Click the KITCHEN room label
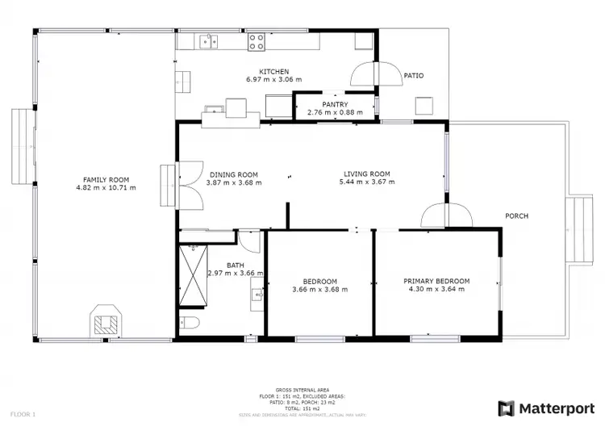tap(273, 71)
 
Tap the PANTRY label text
tap(335, 104)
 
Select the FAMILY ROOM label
tap(106, 179)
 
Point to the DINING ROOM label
tap(233, 174)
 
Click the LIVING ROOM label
tap(367, 174)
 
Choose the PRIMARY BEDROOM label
tap(436, 281)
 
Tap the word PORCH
tap(516, 216)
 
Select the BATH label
tap(236, 265)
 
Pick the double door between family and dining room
tap(190, 183)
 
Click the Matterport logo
tap(546, 408)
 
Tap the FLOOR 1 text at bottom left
tap(23, 414)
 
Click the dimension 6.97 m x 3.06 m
tap(273, 80)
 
